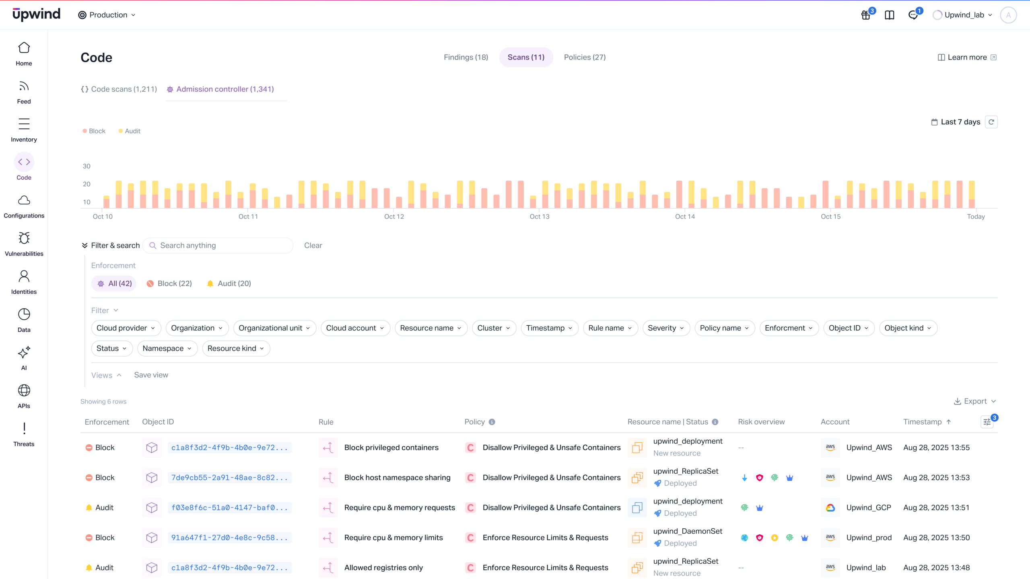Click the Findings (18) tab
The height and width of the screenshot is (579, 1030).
[466, 57]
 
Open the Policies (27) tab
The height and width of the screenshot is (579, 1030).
[584, 57]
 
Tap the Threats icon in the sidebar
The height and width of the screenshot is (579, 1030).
[24, 429]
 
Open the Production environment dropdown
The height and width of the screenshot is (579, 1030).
[107, 15]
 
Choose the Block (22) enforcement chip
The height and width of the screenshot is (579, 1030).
[169, 283]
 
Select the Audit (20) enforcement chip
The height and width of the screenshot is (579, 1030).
[229, 283]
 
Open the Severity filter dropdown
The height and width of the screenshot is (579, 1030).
[666, 328]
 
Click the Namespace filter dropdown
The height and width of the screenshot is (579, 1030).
[167, 349]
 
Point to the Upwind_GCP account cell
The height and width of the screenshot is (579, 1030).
[868, 507]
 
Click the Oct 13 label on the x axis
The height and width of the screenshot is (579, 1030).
[539, 216]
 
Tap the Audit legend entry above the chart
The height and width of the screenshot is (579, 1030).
[130, 131]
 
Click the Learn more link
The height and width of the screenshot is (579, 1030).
[966, 57]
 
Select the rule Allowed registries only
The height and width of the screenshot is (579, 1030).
[383, 568]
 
